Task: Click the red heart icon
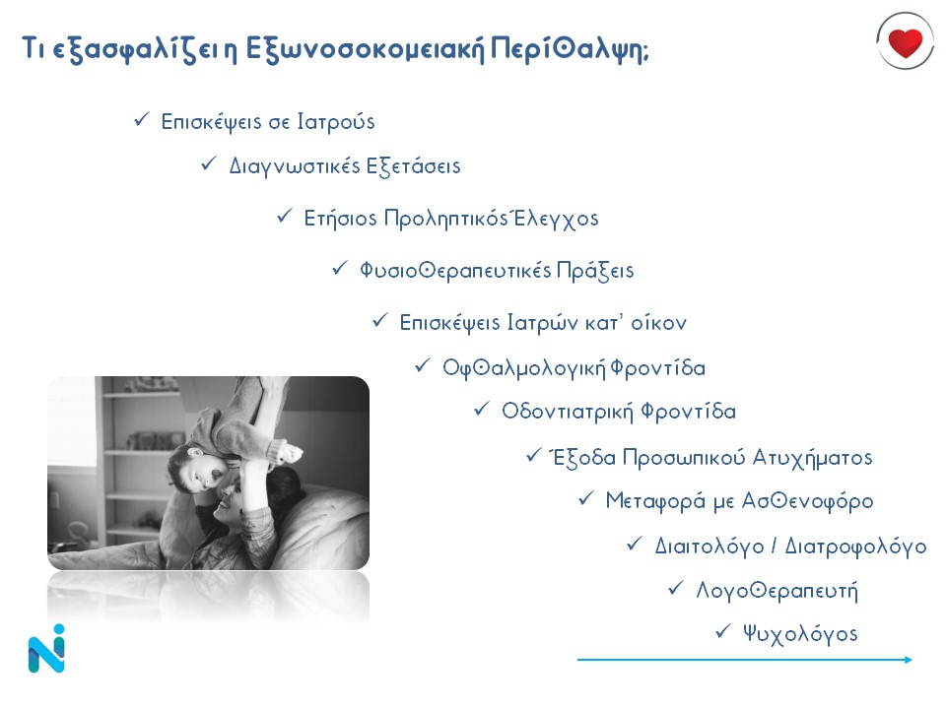pos(905,42)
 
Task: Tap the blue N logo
pos(46,649)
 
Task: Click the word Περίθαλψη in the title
pos(569,49)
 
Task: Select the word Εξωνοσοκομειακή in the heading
pos(365,49)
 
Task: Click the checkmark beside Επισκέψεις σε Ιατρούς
pos(142,119)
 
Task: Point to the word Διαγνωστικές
pos(294,166)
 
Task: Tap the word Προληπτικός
pos(445,219)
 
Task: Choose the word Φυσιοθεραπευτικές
pos(455,270)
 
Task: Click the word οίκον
pos(658,323)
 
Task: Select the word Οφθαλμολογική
pos(523,367)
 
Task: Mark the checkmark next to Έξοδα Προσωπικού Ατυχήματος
pos(534,455)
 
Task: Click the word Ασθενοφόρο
pos(807,501)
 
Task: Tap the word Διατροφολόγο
pos(855,547)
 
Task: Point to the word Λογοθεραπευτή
pos(777,590)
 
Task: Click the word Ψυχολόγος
pos(800,634)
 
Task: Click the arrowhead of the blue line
pos(909,660)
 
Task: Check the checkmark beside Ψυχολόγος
pos(722,631)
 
